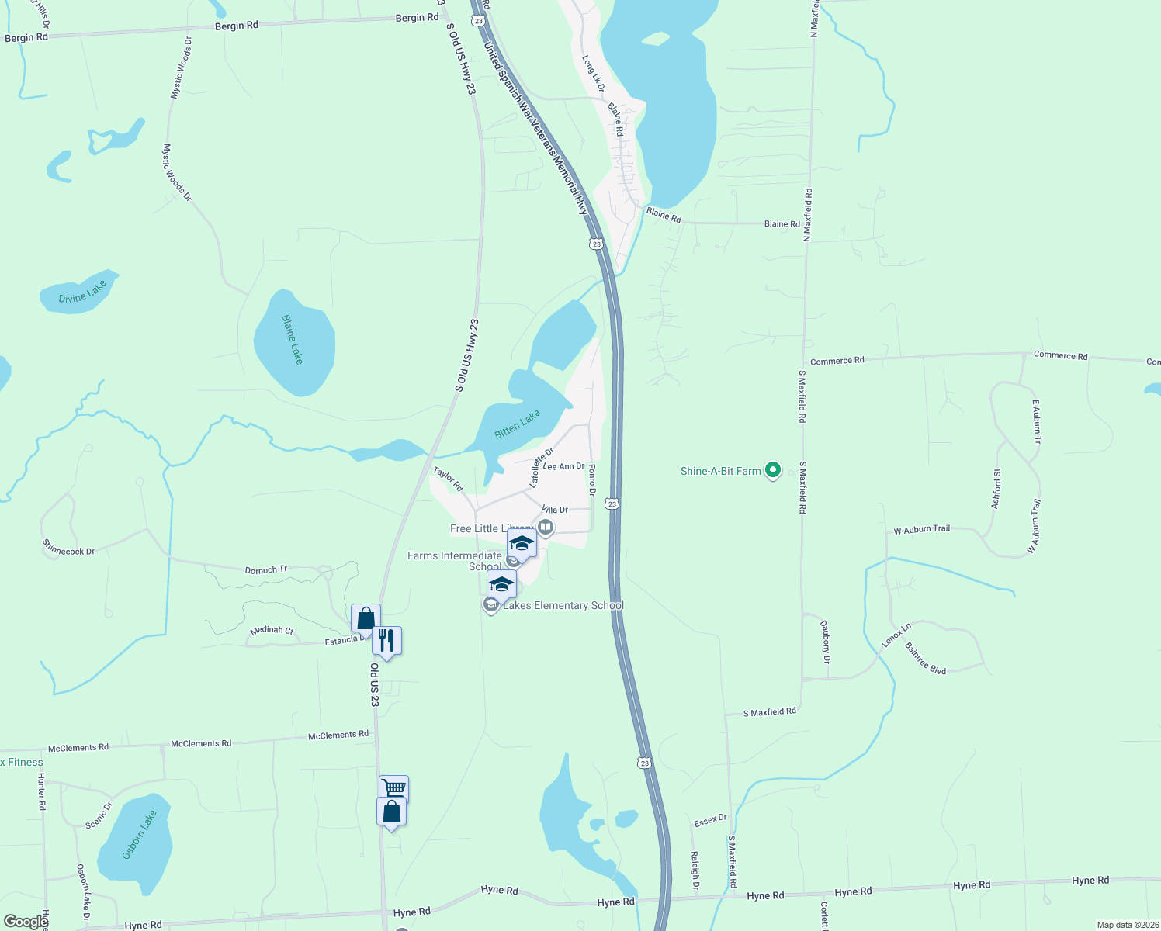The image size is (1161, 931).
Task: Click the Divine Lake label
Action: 82,293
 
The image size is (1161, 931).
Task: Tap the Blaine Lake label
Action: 293,340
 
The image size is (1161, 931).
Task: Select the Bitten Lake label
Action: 517,424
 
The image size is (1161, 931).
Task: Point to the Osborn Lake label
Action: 140,834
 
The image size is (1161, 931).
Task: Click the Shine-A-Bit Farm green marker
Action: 772,470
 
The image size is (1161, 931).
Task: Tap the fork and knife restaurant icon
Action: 386,641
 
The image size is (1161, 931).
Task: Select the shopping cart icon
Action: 393,788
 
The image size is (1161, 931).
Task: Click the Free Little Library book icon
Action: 546,528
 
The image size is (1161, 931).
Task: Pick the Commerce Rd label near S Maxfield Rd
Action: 837,361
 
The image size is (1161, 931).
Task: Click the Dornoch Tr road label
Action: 266,570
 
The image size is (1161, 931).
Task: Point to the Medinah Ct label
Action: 272,631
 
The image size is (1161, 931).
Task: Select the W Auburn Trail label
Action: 921,530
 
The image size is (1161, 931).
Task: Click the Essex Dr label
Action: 710,820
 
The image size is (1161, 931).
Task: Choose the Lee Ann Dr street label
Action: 563,466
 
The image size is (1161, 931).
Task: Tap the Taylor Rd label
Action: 448,479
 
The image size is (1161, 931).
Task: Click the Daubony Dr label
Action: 826,641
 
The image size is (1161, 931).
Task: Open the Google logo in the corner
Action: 26,922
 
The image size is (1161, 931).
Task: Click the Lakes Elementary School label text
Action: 563,605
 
